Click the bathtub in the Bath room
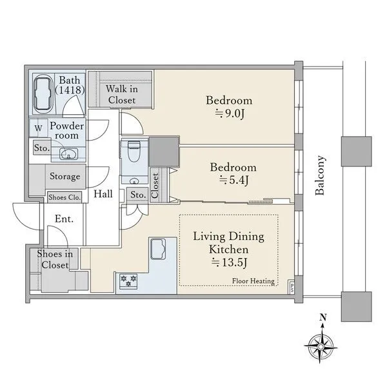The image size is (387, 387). click(43, 94)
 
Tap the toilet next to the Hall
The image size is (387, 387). click(134, 152)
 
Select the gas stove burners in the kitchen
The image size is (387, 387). click(128, 281)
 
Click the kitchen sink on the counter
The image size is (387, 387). click(158, 249)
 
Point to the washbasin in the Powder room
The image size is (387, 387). click(69, 154)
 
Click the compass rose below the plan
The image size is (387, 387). click(321, 347)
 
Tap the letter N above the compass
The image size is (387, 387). click(323, 317)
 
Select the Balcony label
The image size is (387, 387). click(320, 175)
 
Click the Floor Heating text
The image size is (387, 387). click(253, 281)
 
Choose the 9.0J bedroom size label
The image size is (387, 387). click(230, 114)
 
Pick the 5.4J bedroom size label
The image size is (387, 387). click(233, 180)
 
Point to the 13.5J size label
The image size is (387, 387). click(229, 263)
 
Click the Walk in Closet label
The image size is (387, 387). click(122, 94)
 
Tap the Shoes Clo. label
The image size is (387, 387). click(64, 197)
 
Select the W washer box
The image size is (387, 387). click(38, 128)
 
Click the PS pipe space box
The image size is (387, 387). click(292, 287)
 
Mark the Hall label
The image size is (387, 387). click(103, 194)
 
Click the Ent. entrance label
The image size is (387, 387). click(64, 219)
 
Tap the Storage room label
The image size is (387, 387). click(65, 177)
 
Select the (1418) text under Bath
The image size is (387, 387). click(70, 90)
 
